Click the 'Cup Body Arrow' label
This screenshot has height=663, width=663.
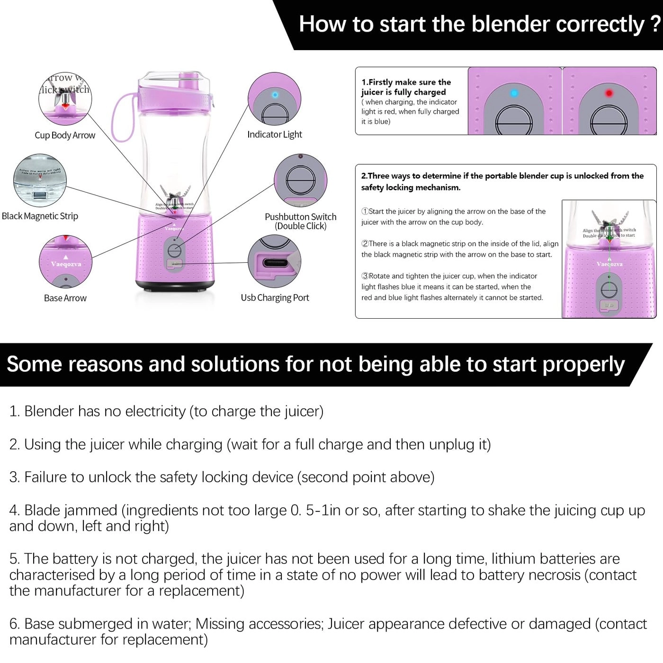tap(65, 135)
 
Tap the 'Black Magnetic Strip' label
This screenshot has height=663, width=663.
tap(40, 216)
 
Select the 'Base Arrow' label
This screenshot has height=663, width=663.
tap(65, 298)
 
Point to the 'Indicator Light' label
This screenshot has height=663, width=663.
tap(275, 134)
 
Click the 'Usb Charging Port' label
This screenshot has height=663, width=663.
tap(275, 298)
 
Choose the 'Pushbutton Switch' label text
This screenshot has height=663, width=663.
tap(301, 217)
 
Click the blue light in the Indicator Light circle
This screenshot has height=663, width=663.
tap(275, 95)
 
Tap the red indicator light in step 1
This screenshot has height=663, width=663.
tap(609, 93)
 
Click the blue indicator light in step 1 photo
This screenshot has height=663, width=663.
tap(514, 93)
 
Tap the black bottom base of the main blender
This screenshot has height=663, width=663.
tap(174, 285)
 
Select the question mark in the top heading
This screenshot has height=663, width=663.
tap(655, 24)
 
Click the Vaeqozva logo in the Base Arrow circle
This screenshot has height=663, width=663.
tap(66, 264)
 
